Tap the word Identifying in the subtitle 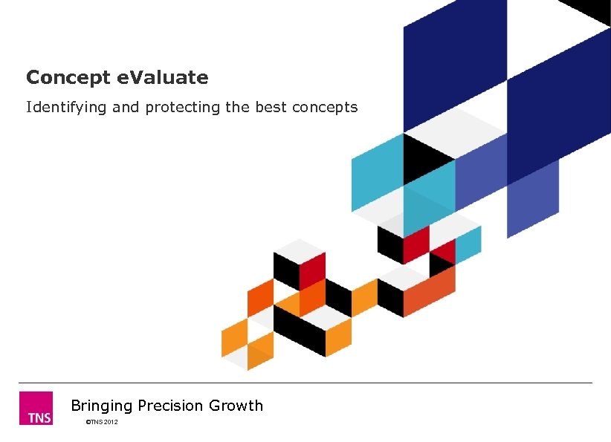67,107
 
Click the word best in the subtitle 271,107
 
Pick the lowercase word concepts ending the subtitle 325,107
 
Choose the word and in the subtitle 126,107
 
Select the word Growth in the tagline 236,406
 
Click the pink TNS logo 36,408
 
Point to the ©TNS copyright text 94,422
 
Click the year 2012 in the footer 111,422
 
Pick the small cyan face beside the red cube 468,243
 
